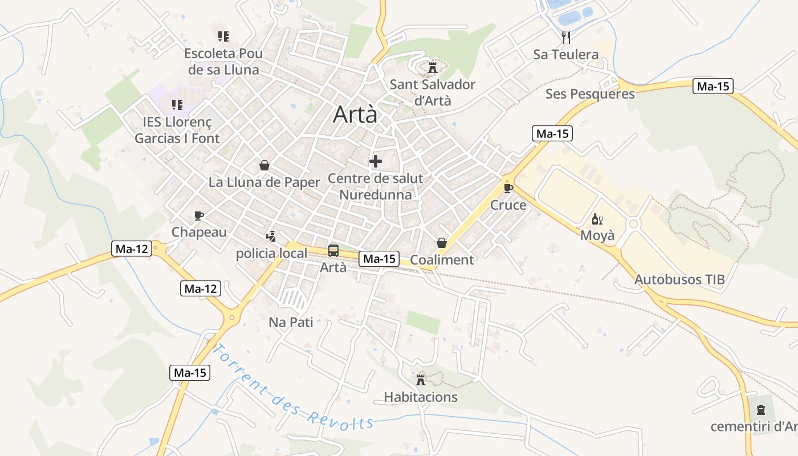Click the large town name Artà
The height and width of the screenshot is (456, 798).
[x=355, y=115]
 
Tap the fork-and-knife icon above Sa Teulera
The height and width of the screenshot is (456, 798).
[x=566, y=38]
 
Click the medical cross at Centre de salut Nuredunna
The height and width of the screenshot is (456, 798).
[x=376, y=161]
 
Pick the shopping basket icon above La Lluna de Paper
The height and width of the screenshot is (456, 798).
[x=264, y=165]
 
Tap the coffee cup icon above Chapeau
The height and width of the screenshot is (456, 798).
[x=199, y=215]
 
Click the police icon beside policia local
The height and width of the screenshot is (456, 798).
[x=271, y=236]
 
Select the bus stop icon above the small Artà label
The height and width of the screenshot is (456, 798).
[x=333, y=250]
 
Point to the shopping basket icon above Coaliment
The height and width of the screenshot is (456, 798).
[x=442, y=243]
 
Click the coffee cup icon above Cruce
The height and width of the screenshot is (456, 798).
[x=508, y=188]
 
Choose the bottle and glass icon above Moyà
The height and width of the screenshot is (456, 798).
[x=597, y=219]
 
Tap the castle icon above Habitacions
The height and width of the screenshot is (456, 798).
[x=421, y=380]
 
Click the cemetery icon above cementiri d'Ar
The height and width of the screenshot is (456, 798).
[x=760, y=409]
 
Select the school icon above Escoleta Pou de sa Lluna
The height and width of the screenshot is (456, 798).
[x=223, y=36]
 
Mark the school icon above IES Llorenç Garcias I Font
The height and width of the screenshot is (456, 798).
[x=177, y=105]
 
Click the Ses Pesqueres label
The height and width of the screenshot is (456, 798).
[x=590, y=94]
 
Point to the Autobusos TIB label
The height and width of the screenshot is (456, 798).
[x=679, y=279]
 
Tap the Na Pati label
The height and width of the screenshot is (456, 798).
[x=291, y=322]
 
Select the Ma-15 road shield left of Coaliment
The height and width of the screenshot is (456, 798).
[x=380, y=259]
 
